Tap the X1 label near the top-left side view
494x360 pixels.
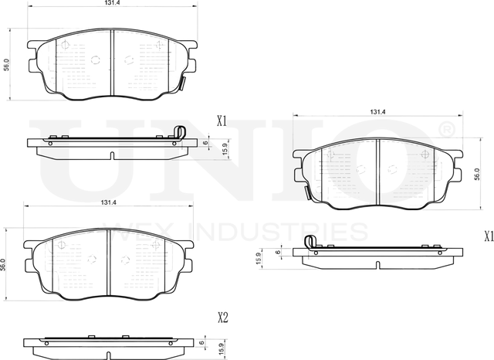(x=222, y=121)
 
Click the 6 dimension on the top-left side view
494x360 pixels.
(x=205, y=143)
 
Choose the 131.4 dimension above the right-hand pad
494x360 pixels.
(x=377, y=113)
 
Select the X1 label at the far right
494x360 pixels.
(x=488, y=236)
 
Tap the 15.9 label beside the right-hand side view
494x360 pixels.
(x=259, y=260)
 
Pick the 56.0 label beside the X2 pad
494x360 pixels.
(x=5, y=263)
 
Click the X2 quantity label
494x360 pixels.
(x=222, y=317)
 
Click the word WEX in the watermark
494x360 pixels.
(x=150, y=232)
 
